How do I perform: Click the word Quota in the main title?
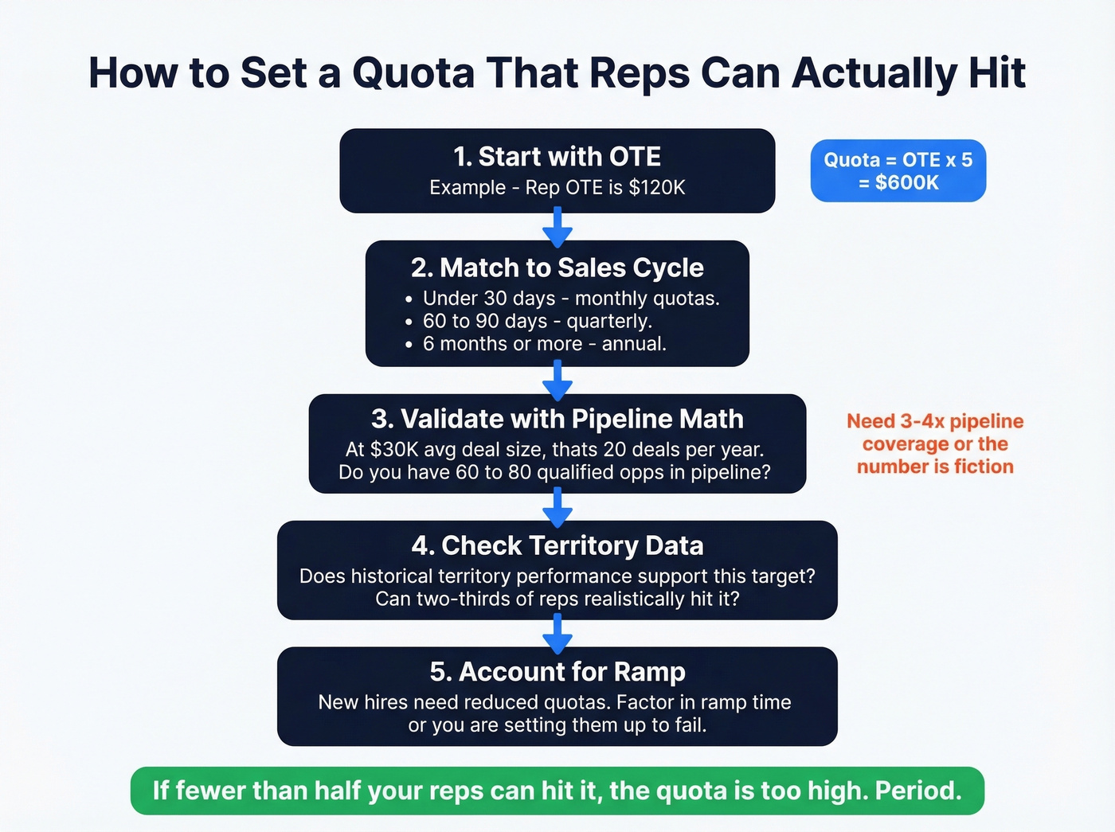click(413, 72)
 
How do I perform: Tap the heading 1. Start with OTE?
click(557, 157)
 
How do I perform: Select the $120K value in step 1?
click(657, 188)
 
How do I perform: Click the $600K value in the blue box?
click(907, 182)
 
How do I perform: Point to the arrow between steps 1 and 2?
click(557, 227)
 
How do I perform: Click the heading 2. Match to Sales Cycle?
click(557, 268)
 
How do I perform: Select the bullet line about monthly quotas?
click(570, 299)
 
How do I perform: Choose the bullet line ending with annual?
click(544, 344)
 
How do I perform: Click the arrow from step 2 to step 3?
click(557, 381)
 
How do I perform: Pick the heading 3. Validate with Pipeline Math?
click(557, 419)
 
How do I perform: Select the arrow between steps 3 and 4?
click(557, 507)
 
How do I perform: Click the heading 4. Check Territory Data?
click(557, 545)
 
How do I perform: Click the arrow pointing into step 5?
click(557, 634)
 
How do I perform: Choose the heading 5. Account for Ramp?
click(557, 672)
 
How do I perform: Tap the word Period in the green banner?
click(917, 791)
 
